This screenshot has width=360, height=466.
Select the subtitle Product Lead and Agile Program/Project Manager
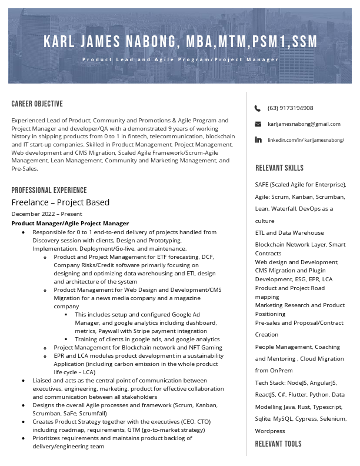tap(180, 59)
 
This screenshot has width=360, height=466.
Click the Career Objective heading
tap(37, 104)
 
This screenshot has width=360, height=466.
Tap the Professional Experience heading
tap(49, 190)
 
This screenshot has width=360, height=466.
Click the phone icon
tap(258, 108)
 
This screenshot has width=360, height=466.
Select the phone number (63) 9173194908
tap(290, 108)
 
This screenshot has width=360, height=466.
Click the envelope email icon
tap(258, 124)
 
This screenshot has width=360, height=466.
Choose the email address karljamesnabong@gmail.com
tap(304, 124)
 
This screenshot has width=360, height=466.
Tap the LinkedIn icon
tap(258, 140)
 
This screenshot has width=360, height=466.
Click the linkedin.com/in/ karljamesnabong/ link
tap(305, 140)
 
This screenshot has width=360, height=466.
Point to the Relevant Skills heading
tap(279, 168)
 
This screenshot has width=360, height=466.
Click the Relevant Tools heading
tap(278, 444)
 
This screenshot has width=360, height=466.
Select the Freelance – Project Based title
tap(61, 202)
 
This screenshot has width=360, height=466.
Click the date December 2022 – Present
tap(46, 214)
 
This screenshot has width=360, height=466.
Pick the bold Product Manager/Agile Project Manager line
tap(70, 224)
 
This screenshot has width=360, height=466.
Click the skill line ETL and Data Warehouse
tap(289, 233)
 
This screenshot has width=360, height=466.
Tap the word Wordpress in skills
tap(270, 431)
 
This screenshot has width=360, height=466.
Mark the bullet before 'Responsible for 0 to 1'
tap(23, 232)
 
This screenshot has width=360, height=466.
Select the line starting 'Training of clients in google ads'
tap(147, 339)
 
